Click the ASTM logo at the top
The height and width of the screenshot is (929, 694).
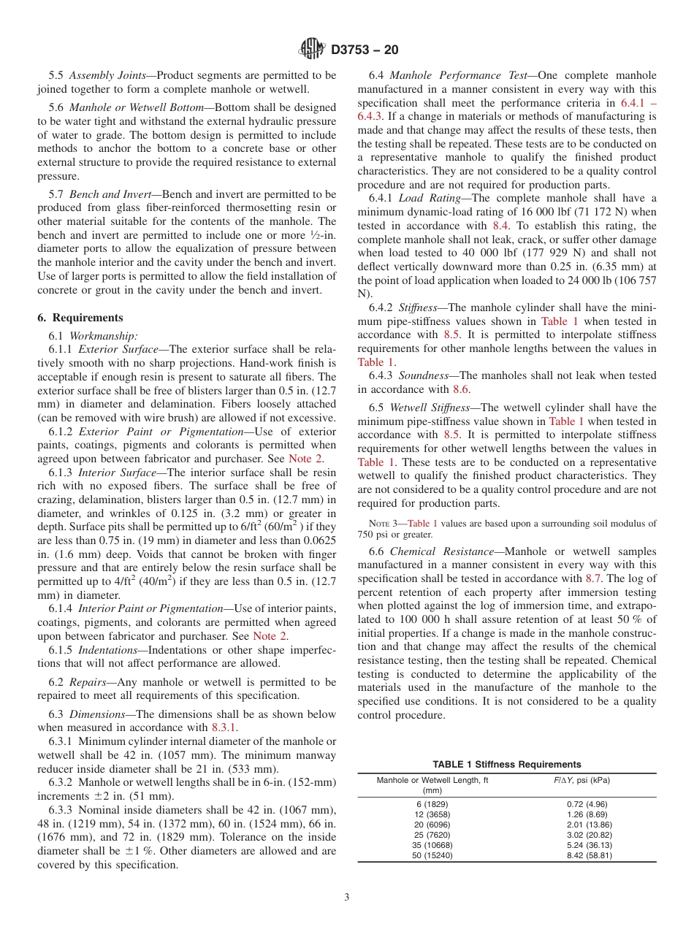[x=313, y=50]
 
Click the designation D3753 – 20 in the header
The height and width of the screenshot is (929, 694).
[x=365, y=50]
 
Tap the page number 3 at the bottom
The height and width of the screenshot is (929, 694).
[x=347, y=898]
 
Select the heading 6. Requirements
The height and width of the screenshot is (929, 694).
[x=80, y=318]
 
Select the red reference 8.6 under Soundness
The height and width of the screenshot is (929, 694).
[x=461, y=389]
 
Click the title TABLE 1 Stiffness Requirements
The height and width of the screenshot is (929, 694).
[x=507, y=764]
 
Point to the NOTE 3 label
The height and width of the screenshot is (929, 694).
[x=388, y=523]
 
